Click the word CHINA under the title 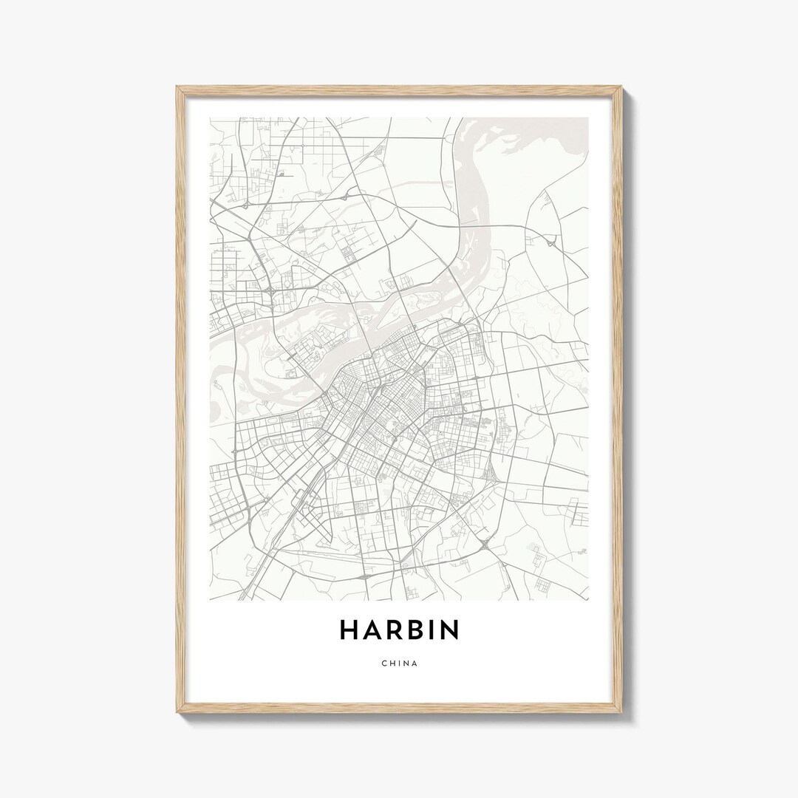(400, 663)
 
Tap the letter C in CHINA (384, 663)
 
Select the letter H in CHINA (392, 663)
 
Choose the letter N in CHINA (406, 663)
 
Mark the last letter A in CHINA (415, 663)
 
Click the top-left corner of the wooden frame (177, 87)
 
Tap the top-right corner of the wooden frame (621, 87)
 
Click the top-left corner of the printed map (211, 117)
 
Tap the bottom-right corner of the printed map (589, 600)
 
